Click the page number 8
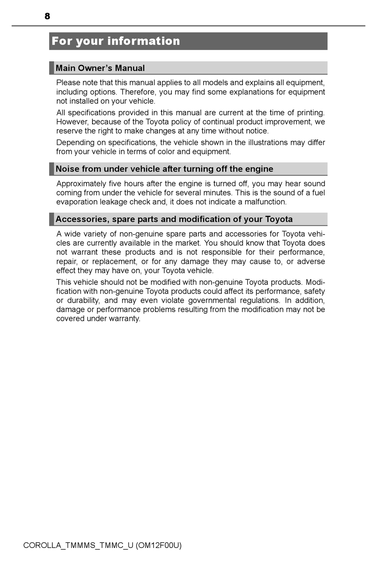point(47,16)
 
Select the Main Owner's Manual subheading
point(100,68)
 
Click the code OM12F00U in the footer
point(158,545)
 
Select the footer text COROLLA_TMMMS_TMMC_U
point(78,545)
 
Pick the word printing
point(311,113)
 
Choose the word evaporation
point(77,202)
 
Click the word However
point(72,122)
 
